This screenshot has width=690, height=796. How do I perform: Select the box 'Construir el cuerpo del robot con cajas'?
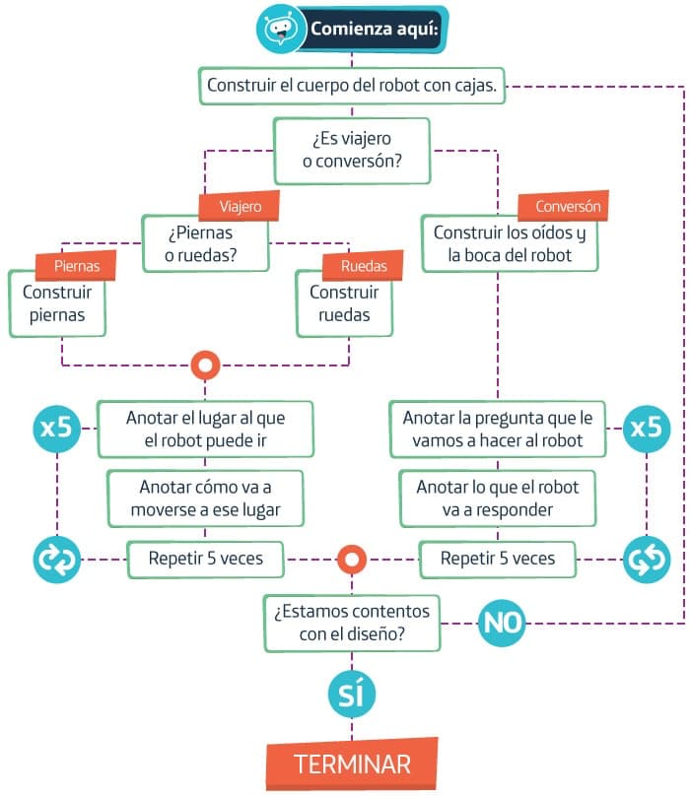pos(354,86)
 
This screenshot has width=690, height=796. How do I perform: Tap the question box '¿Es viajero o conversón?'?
pos(352,150)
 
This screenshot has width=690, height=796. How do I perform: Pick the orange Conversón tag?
pos(562,207)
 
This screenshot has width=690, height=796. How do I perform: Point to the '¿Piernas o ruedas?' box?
pos(204,244)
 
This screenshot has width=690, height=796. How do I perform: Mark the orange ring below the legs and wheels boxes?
pos(205,365)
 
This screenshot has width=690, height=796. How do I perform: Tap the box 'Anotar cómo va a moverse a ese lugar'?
pos(205,498)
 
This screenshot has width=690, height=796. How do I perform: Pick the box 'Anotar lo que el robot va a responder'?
pos(498,498)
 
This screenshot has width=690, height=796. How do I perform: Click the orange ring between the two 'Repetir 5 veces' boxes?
pos(351,560)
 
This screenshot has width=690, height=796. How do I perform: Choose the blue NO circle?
pos(502,623)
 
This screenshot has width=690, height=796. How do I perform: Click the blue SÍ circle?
pos(351,695)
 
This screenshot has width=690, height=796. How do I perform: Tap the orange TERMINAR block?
pos(352,763)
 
